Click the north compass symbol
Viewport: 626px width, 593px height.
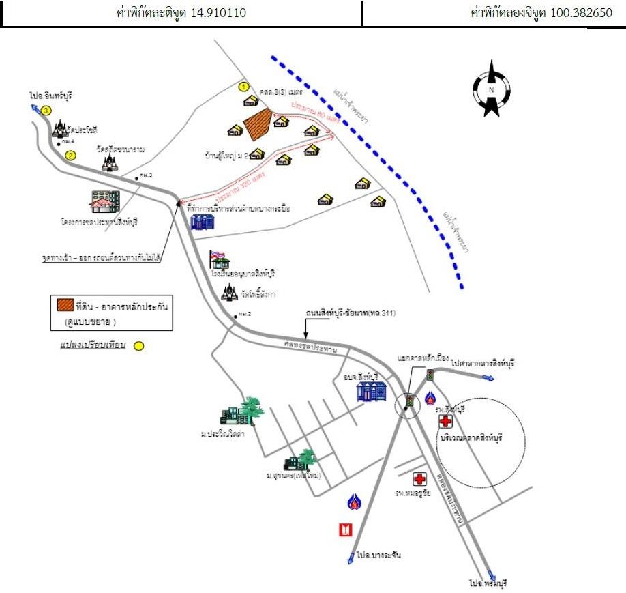click(491, 89)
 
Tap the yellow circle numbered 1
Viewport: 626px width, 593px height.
click(243, 87)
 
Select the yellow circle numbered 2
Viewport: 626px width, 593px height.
click(70, 156)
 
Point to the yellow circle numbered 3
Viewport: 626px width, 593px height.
click(46, 111)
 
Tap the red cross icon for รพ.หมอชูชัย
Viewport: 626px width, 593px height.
click(421, 479)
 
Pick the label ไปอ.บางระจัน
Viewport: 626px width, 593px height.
click(378, 555)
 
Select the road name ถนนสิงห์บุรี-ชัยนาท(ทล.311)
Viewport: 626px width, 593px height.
click(349, 313)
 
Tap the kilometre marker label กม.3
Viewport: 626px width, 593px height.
click(145, 176)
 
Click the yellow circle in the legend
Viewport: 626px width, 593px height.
click(138, 346)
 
